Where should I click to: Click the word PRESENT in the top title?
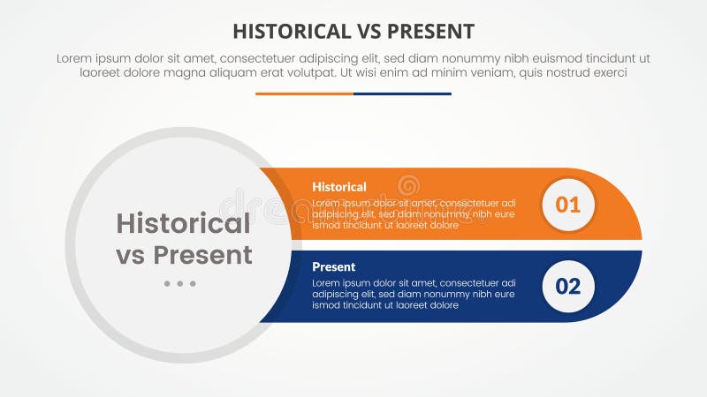tap(430, 32)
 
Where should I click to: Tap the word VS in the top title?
tap(367, 32)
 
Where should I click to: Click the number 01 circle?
tap(567, 205)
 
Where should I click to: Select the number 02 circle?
tap(567, 286)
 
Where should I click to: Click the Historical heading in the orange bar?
tap(339, 187)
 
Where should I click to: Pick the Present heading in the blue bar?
tap(334, 266)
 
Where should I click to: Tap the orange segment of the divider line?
tap(304, 94)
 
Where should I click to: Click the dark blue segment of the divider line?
tap(402, 94)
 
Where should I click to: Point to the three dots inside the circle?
tap(179, 284)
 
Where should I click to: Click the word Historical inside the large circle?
tap(184, 223)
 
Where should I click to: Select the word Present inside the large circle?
tap(202, 255)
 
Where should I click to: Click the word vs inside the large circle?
tap(131, 255)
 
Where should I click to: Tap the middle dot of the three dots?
tap(179, 284)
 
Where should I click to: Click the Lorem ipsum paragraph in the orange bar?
tap(413, 213)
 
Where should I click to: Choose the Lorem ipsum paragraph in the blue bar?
tap(413, 294)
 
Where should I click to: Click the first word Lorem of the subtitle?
tap(77, 58)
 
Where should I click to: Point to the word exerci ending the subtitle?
tap(607, 73)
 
